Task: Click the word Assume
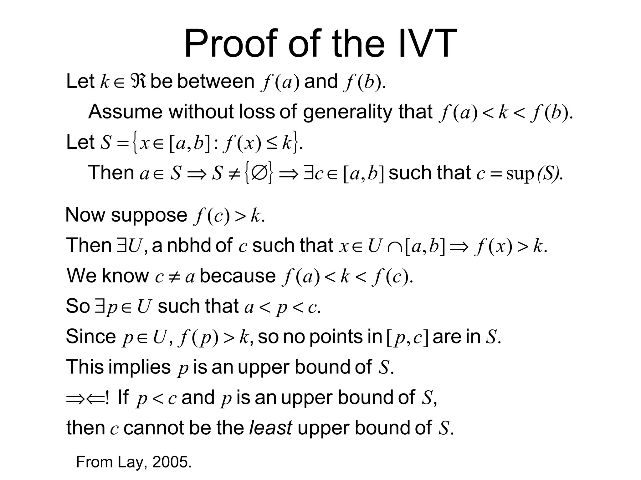(x=125, y=112)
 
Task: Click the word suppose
(x=149, y=215)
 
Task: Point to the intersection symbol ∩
(x=393, y=246)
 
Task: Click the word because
(x=238, y=276)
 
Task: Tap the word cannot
(x=154, y=428)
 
